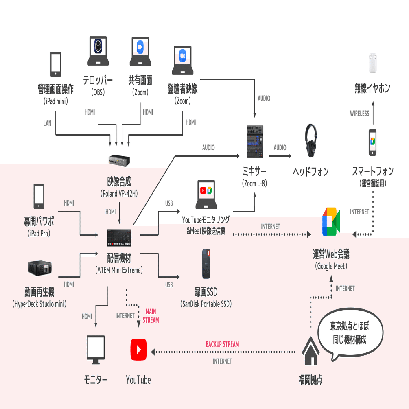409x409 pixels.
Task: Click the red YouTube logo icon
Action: (x=138, y=349)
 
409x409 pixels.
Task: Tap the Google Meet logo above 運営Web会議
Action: (x=331, y=222)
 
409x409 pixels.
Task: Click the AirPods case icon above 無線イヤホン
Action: (x=373, y=63)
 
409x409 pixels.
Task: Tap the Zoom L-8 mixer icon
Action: (x=255, y=142)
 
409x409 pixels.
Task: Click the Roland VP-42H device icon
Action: (x=119, y=161)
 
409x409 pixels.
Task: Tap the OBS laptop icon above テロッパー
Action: (x=98, y=51)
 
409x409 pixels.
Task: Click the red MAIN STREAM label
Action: (x=151, y=316)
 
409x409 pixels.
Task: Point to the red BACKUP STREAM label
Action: (x=222, y=344)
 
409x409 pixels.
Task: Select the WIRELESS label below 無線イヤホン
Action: (x=359, y=114)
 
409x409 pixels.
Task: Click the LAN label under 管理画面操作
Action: (x=48, y=123)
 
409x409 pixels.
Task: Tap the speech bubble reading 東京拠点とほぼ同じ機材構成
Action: (x=350, y=333)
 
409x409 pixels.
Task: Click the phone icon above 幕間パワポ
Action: (x=39, y=196)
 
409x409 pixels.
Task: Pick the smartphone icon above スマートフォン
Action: (x=372, y=142)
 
